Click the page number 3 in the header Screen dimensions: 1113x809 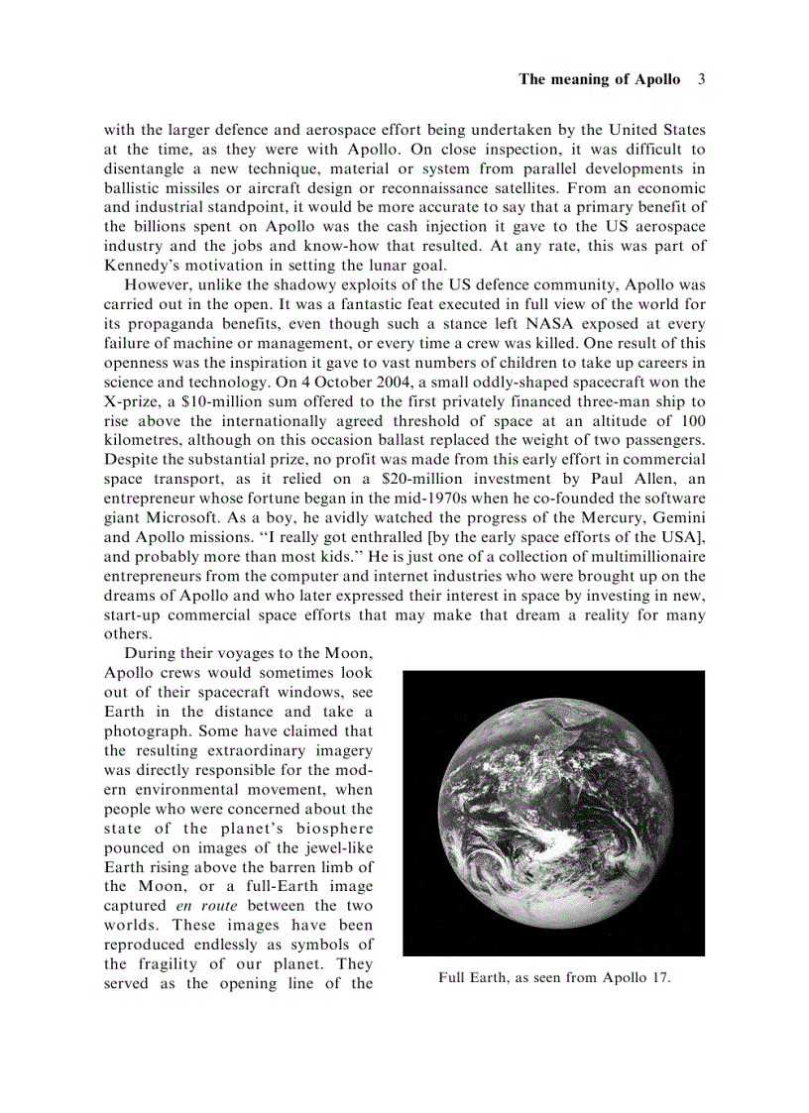coord(700,79)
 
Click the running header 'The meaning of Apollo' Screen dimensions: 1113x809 coord(599,79)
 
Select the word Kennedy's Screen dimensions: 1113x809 coord(143,264)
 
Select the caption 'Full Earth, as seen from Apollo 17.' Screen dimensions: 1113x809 coord(554,978)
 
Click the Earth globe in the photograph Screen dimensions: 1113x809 coord(553,813)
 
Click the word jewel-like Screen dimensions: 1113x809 coord(337,848)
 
